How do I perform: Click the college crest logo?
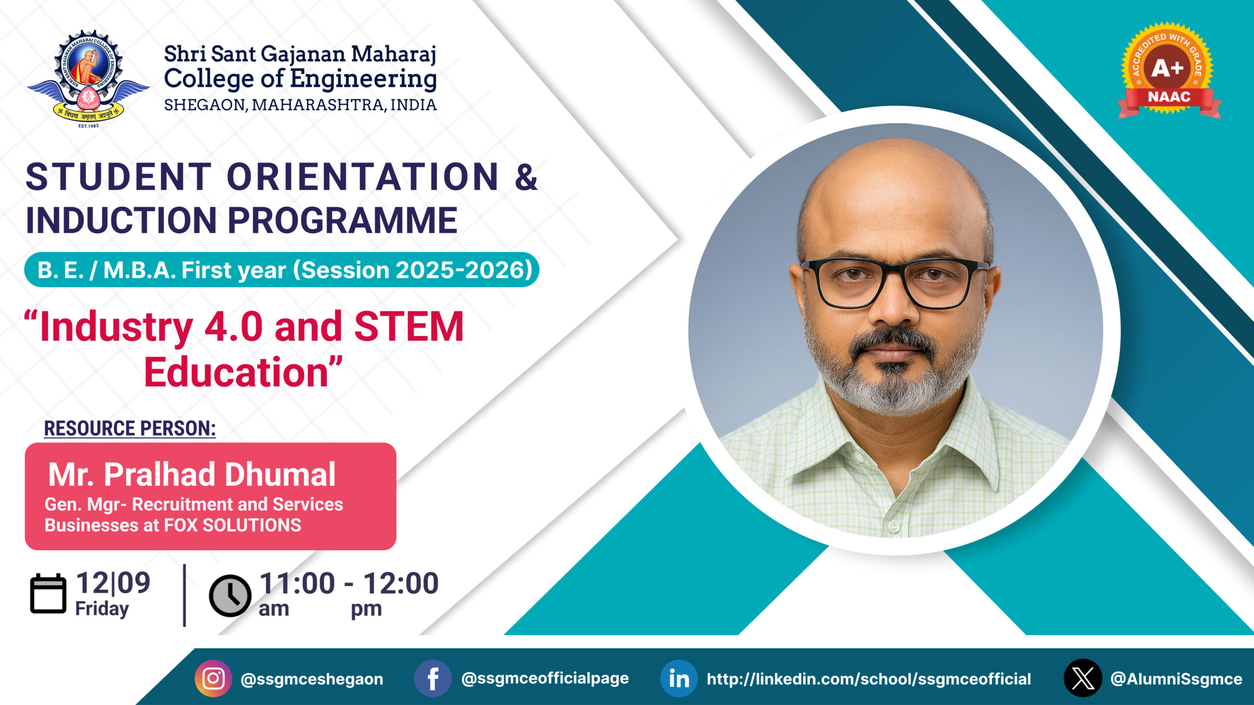pyautogui.click(x=88, y=78)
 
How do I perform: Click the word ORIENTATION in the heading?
pyautogui.click(x=362, y=177)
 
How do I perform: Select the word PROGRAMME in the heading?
pyautogui.click(x=342, y=220)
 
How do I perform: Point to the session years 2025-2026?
pyautogui.click(x=461, y=270)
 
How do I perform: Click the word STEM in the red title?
pyautogui.click(x=409, y=327)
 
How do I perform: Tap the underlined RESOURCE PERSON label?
pyautogui.click(x=130, y=428)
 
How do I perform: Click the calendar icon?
pyautogui.click(x=48, y=594)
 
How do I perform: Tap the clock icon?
pyautogui.click(x=230, y=595)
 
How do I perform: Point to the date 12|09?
pyautogui.click(x=113, y=583)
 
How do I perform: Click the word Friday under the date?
pyautogui.click(x=102, y=609)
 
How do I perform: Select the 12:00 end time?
pyautogui.click(x=401, y=583)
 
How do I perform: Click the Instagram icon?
pyautogui.click(x=214, y=679)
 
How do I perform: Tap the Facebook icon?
pyautogui.click(x=433, y=679)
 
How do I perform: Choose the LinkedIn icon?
pyautogui.click(x=679, y=679)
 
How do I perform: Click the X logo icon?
pyautogui.click(x=1083, y=678)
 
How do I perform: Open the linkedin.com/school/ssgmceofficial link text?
pyautogui.click(x=868, y=679)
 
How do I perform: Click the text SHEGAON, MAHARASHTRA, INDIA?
pyautogui.click(x=300, y=105)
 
